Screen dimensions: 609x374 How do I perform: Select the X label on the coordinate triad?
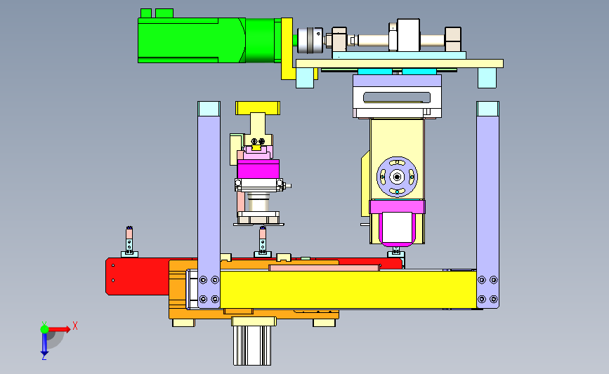click(75, 326)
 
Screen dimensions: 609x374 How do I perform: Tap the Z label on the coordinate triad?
click(44, 357)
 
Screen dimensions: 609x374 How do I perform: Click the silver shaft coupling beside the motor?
click(310, 40)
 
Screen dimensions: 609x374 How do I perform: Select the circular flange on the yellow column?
click(397, 177)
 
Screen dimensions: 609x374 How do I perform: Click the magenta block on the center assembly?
click(258, 169)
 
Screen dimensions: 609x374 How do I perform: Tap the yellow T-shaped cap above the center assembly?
click(258, 108)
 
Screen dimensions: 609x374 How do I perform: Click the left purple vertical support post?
click(209, 205)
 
